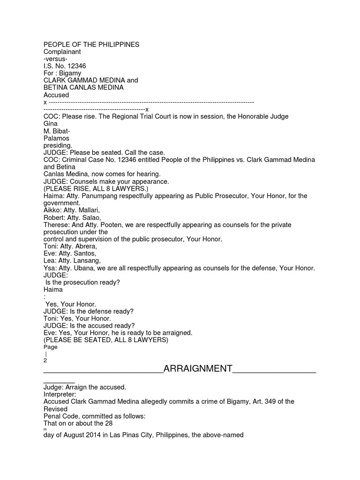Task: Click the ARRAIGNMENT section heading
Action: coord(197,368)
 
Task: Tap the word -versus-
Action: coord(55,59)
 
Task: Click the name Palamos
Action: coord(56,138)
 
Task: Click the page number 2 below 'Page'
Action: coord(45,361)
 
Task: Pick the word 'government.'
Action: coord(62,203)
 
